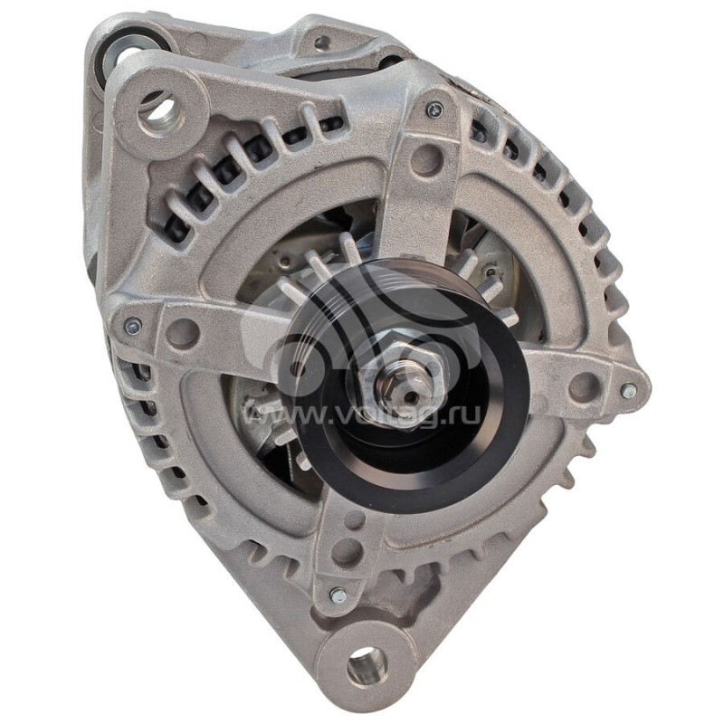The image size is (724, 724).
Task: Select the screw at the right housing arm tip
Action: pos(628,390)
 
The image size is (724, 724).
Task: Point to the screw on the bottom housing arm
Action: pos(338,595)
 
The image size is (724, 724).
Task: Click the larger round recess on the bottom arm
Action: pos(345,549)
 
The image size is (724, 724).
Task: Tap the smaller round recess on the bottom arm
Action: pos(350,519)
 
